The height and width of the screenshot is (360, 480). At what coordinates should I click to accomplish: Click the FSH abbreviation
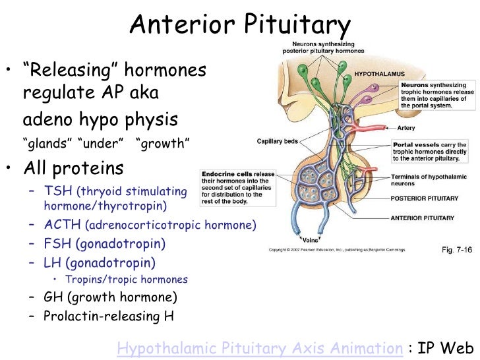pyautogui.click(x=57, y=244)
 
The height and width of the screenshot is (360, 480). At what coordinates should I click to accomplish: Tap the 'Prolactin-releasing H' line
pyautogui.click(x=109, y=316)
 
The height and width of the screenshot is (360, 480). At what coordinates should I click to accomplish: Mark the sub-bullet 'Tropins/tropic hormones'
pyautogui.click(x=126, y=280)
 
